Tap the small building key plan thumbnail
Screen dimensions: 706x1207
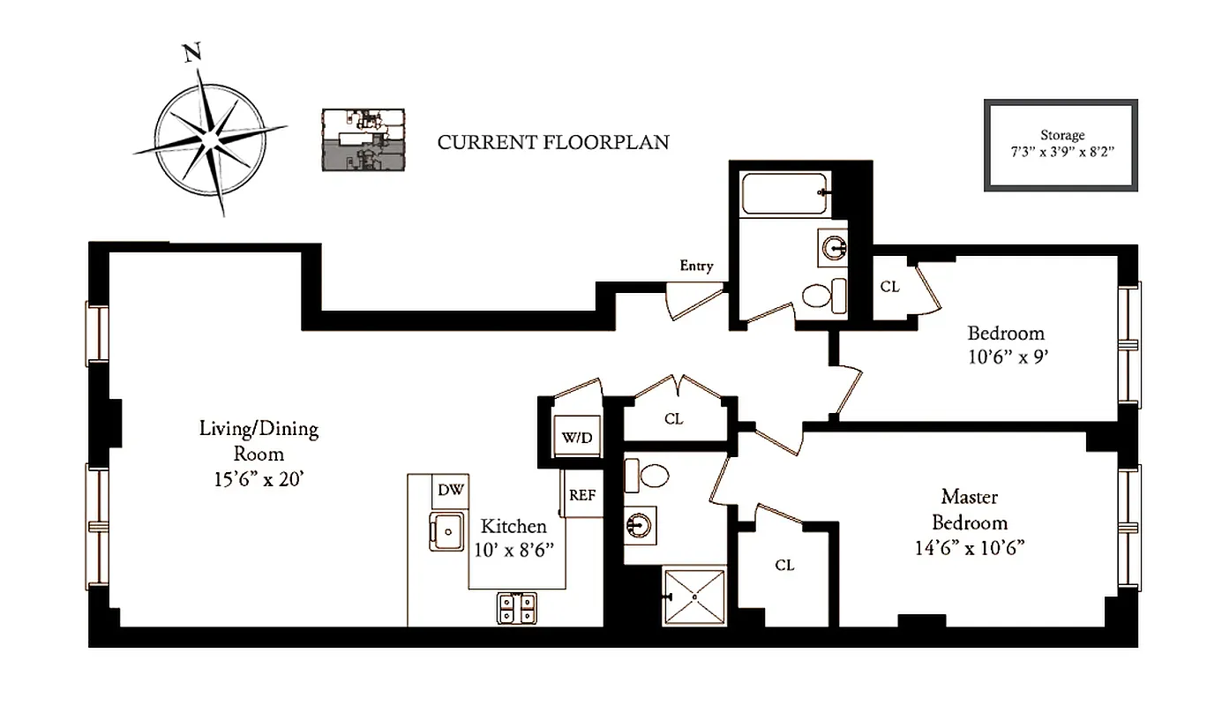tap(363, 139)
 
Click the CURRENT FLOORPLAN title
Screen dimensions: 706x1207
tap(553, 141)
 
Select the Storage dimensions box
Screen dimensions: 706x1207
tap(1061, 145)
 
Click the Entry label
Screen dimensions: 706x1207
tap(696, 266)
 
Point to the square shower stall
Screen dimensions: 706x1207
tap(695, 597)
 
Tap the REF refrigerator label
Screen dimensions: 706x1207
tap(582, 495)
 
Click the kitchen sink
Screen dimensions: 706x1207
tap(447, 531)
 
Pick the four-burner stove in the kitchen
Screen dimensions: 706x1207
tap(517, 607)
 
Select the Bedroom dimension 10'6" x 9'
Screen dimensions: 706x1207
tap(1006, 358)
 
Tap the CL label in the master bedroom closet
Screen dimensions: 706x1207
tap(784, 565)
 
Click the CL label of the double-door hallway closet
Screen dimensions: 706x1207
tap(674, 419)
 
